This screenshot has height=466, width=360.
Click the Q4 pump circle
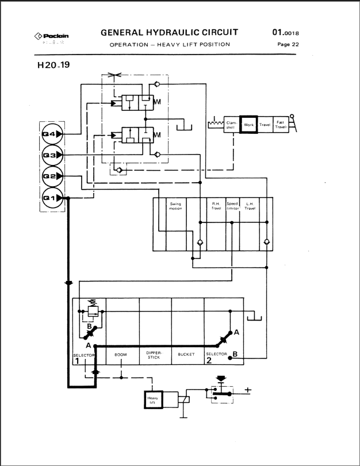click(51, 134)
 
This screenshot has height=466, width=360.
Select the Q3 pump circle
click(51, 155)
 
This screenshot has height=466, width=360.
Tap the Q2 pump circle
click(51, 176)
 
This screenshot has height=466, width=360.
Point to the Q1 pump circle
click(51, 198)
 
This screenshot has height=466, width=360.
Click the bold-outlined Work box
click(248, 124)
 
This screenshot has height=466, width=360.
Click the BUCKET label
click(187, 355)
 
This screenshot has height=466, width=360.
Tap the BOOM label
click(121, 355)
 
